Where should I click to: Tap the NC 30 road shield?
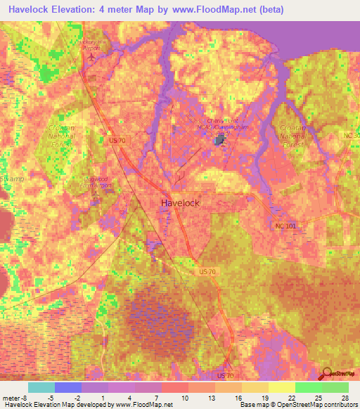[353, 135]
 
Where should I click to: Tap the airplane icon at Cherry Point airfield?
[219, 140]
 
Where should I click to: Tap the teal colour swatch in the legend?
[41, 387]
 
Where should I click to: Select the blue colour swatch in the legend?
[67, 387]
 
